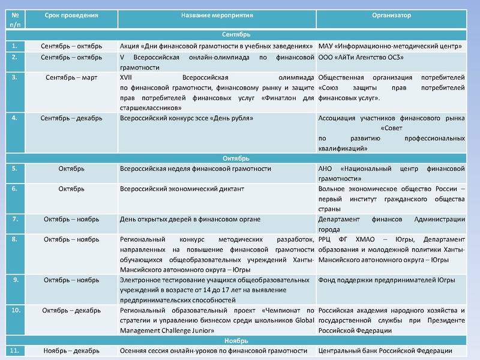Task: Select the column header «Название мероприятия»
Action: click(x=217, y=14)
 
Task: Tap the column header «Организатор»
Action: click(x=391, y=14)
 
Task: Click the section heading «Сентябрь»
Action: click(x=240, y=35)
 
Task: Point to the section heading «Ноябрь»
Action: click(x=240, y=340)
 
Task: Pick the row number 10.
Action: click(x=16, y=310)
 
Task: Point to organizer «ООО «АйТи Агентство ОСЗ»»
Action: click(x=361, y=57)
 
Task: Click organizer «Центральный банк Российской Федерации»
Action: click(x=385, y=351)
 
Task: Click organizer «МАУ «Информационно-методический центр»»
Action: click(x=389, y=46)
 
